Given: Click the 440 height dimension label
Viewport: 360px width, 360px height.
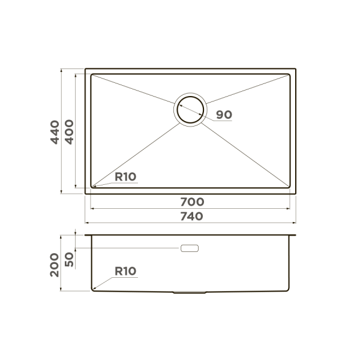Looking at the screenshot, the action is coord(55,132).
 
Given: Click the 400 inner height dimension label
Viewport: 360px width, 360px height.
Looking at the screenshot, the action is coord(69,132).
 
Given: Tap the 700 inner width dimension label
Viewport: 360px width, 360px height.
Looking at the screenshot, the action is coord(192,202).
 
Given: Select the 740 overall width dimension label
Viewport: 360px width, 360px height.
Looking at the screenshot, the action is coord(192,217).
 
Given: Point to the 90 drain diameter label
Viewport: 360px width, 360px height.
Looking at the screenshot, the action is coord(224,115).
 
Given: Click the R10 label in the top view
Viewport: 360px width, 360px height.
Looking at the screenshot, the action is coord(125,177).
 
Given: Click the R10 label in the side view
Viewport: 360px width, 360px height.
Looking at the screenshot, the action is coord(125,271).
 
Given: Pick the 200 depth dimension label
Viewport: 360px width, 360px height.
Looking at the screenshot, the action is coord(55,265).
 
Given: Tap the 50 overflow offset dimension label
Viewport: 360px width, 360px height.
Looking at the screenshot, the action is coord(69,259).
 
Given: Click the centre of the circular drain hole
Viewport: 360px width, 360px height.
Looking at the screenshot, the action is coord(190,110).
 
